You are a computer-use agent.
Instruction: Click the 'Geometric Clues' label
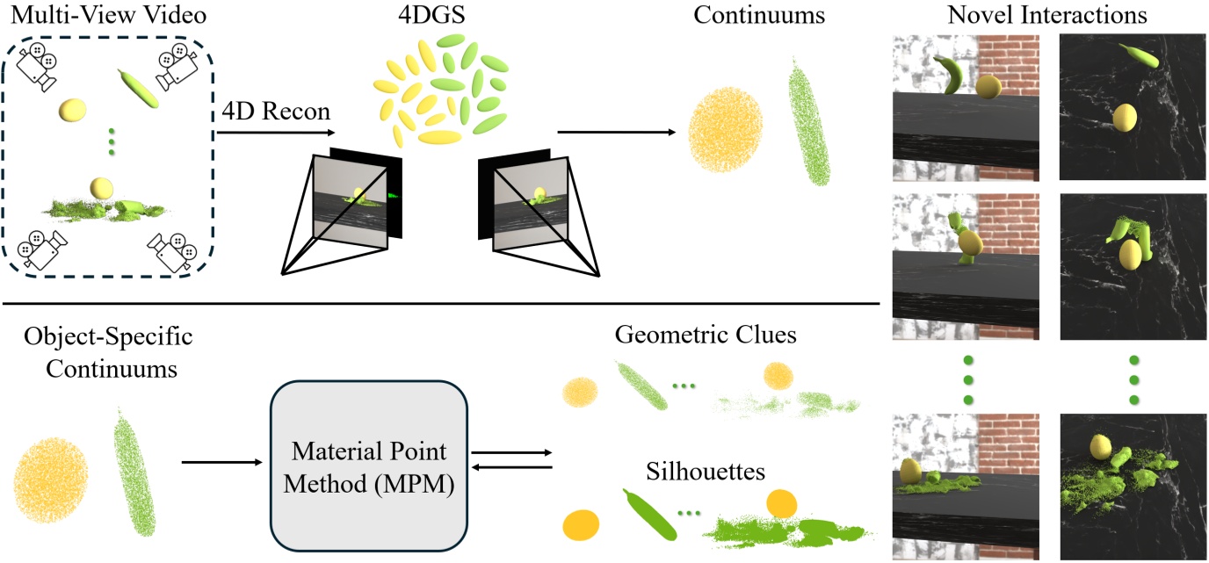706,337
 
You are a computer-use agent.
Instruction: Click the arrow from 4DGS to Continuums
615,134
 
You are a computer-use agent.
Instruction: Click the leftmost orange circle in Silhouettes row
581,524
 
